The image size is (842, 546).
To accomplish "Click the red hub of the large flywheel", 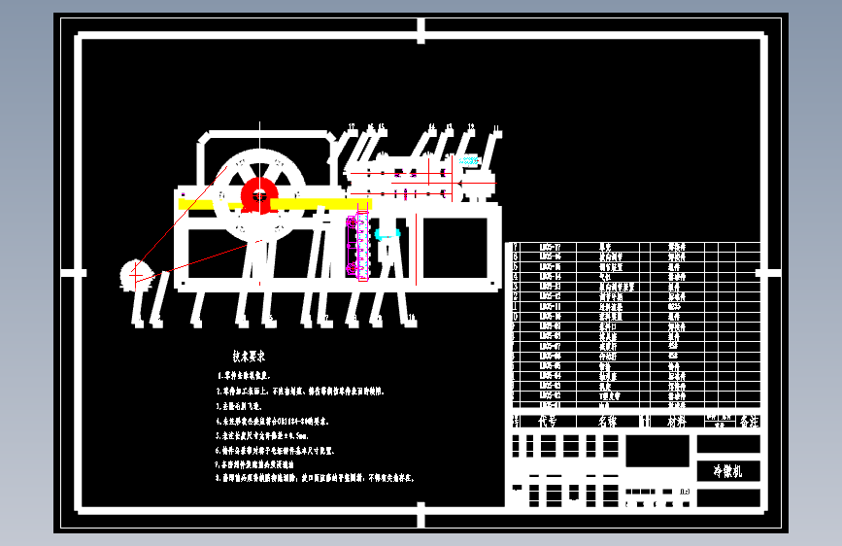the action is pos(259,194).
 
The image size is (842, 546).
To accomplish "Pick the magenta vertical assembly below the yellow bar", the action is pos(354,248).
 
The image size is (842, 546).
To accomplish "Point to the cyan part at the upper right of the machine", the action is pos(470,161).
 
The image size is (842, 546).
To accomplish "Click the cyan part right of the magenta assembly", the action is pos(387,234).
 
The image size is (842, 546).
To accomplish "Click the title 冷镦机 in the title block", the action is pos(727,471).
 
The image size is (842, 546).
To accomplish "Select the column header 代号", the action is pos(548,422).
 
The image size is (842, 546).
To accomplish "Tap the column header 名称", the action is pos(607,422).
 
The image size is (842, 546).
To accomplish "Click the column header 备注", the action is pos(748,422).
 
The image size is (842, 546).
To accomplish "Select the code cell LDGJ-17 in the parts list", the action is pos(551,247).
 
